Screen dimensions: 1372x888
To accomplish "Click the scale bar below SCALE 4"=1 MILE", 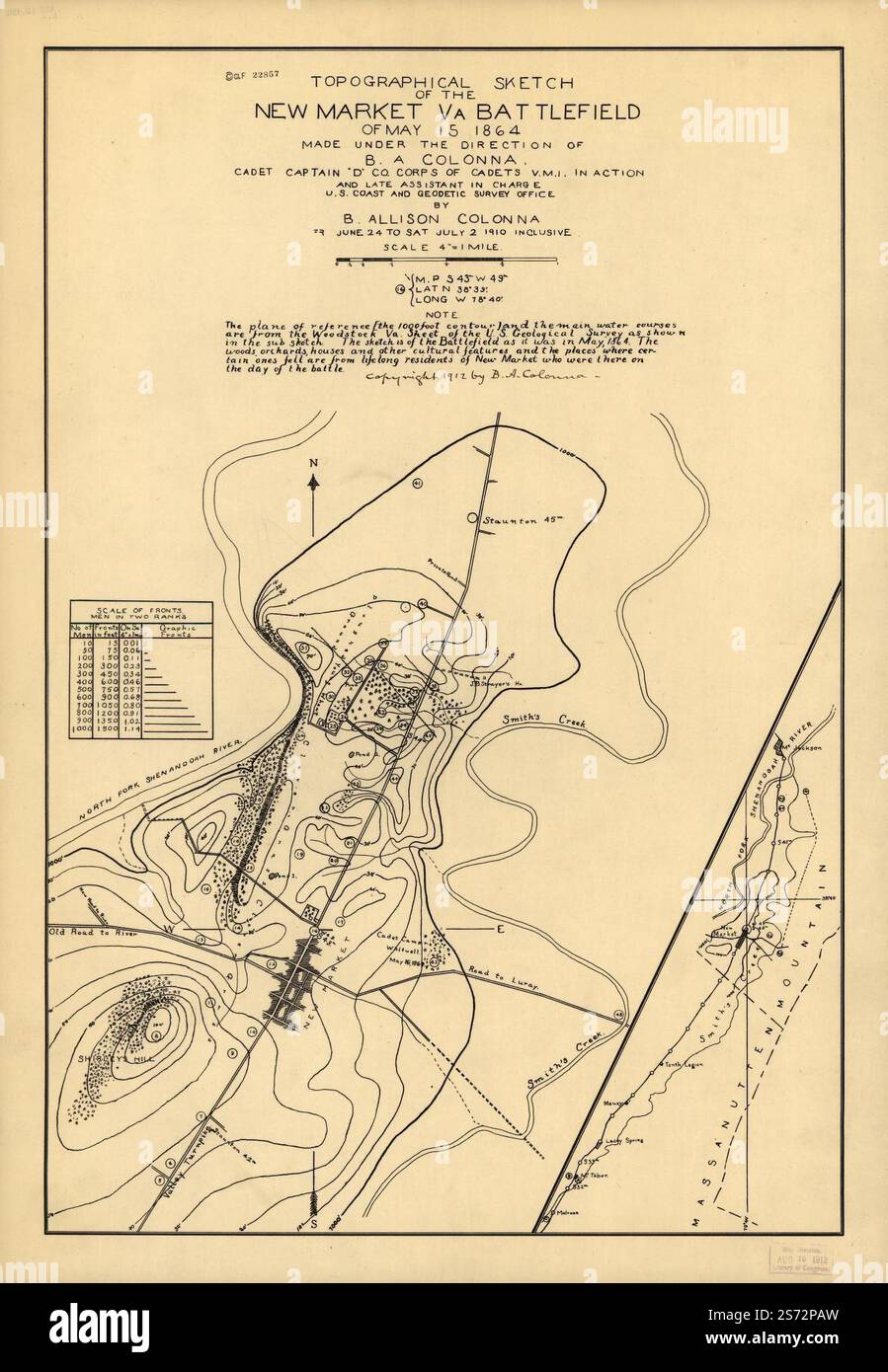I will tap(446, 263).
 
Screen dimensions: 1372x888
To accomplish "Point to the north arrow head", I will tap(313, 481).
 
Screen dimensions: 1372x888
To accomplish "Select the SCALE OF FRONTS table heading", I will tap(138, 609).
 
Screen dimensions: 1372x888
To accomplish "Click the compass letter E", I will tap(500, 928).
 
